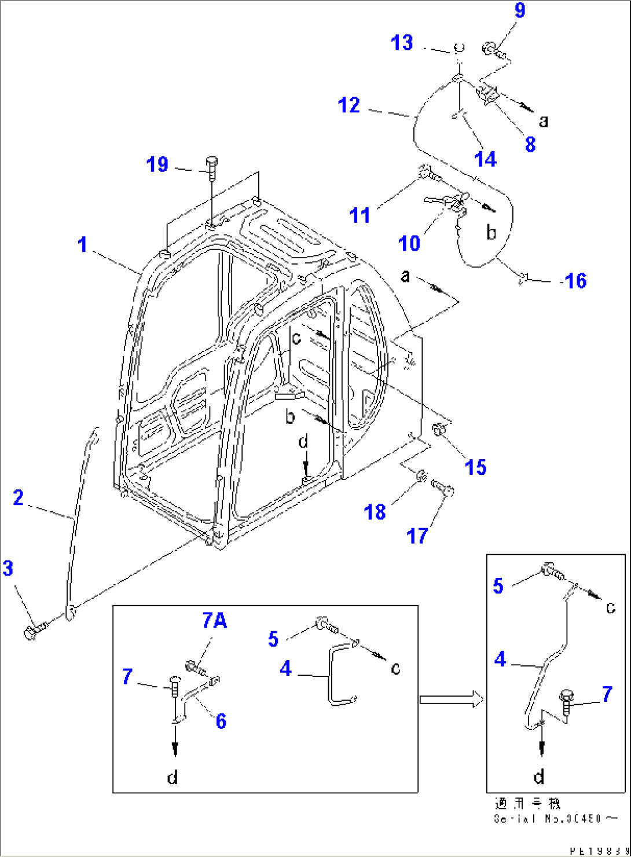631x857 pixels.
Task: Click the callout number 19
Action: tap(157, 164)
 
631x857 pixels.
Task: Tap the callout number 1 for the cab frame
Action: tap(83, 244)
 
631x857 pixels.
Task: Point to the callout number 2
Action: tap(19, 497)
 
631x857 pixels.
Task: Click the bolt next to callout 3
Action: tap(32, 631)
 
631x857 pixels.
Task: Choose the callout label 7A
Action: tap(214, 621)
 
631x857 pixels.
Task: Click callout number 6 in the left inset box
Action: tap(221, 721)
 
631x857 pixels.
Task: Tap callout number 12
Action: tap(348, 105)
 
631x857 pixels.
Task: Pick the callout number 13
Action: tap(402, 43)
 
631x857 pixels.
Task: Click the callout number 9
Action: tap(519, 10)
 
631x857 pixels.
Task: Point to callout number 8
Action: tap(530, 144)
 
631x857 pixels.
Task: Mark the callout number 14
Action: tap(485, 159)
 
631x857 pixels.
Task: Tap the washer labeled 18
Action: tap(422, 477)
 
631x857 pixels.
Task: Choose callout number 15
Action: tap(476, 467)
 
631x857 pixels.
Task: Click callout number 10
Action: tap(409, 243)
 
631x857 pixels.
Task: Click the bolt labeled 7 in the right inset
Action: tap(566, 700)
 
